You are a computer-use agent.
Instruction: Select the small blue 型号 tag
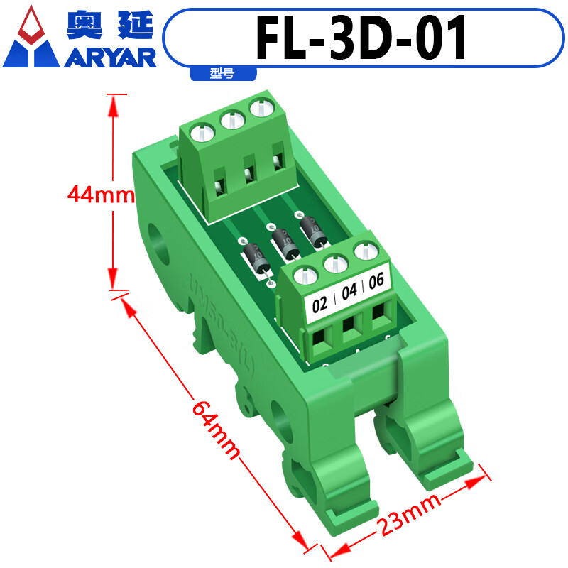(222, 72)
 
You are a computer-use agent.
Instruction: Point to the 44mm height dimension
(100, 193)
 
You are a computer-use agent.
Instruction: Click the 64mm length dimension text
(214, 430)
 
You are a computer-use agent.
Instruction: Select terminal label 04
(349, 292)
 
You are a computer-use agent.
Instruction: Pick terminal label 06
(376, 280)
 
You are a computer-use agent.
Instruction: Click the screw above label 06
(366, 251)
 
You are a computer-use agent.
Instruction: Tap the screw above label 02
(304, 275)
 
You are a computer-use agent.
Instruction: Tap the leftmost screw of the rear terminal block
(202, 133)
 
